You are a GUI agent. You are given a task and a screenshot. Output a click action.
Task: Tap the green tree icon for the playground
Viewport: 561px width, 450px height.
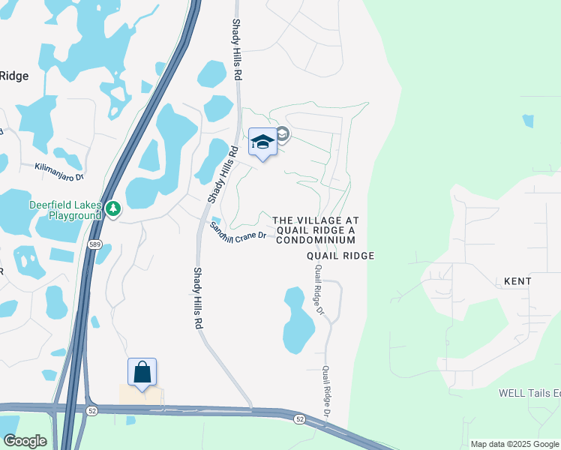click(x=112, y=208)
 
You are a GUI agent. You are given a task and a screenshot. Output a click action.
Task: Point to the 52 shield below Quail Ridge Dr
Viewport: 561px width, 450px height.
click(x=300, y=418)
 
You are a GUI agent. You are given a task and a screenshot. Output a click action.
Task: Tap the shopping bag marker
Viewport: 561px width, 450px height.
click(x=142, y=371)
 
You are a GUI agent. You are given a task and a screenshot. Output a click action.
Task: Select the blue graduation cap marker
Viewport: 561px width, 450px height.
click(x=262, y=142)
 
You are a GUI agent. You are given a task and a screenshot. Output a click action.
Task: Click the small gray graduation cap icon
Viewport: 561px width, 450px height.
click(x=283, y=134)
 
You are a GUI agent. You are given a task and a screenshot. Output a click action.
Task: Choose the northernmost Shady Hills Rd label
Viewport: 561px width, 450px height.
click(x=237, y=49)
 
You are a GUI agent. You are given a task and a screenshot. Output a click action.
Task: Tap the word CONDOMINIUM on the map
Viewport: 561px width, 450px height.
click(x=316, y=241)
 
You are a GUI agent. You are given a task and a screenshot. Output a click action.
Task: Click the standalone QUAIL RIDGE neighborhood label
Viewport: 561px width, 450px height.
click(x=340, y=256)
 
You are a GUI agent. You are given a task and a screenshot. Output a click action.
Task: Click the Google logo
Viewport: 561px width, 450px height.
click(x=25, y=440)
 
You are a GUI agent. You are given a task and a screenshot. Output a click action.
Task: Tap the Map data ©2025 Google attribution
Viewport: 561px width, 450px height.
click(x=514, y=444)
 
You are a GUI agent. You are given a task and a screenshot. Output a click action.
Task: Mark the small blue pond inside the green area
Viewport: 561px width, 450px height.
click(x=529, y=120)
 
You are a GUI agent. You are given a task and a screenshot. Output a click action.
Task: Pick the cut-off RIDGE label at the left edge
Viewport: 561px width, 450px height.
click(x=14, y=75)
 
